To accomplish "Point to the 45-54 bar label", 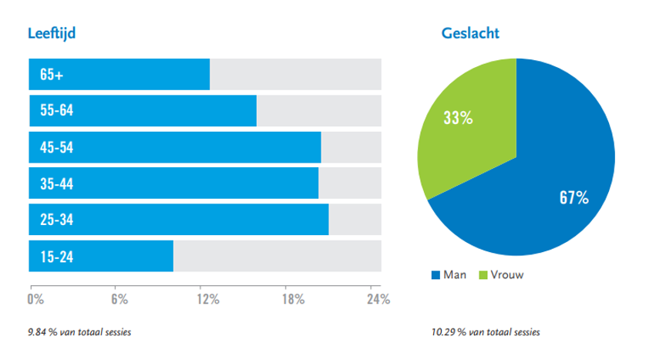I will click(56, 147).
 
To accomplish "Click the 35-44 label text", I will click(56, 183).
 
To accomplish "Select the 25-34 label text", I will click(56, 220).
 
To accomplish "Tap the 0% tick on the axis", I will click(35, 300).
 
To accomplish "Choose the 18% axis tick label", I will click(292, 300).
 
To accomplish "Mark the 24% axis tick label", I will click(378, 300).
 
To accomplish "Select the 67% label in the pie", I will click(573, 199).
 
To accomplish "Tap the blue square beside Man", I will click(436, 274).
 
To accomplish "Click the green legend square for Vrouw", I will click(484, 274).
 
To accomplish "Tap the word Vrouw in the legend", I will click(507, 274).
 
